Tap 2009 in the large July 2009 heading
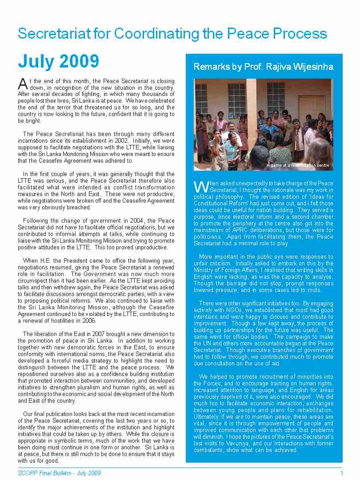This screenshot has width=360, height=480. pos(79,61)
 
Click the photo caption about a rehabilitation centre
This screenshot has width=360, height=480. pos(298,165)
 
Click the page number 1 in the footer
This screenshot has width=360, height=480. pos(341,472)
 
